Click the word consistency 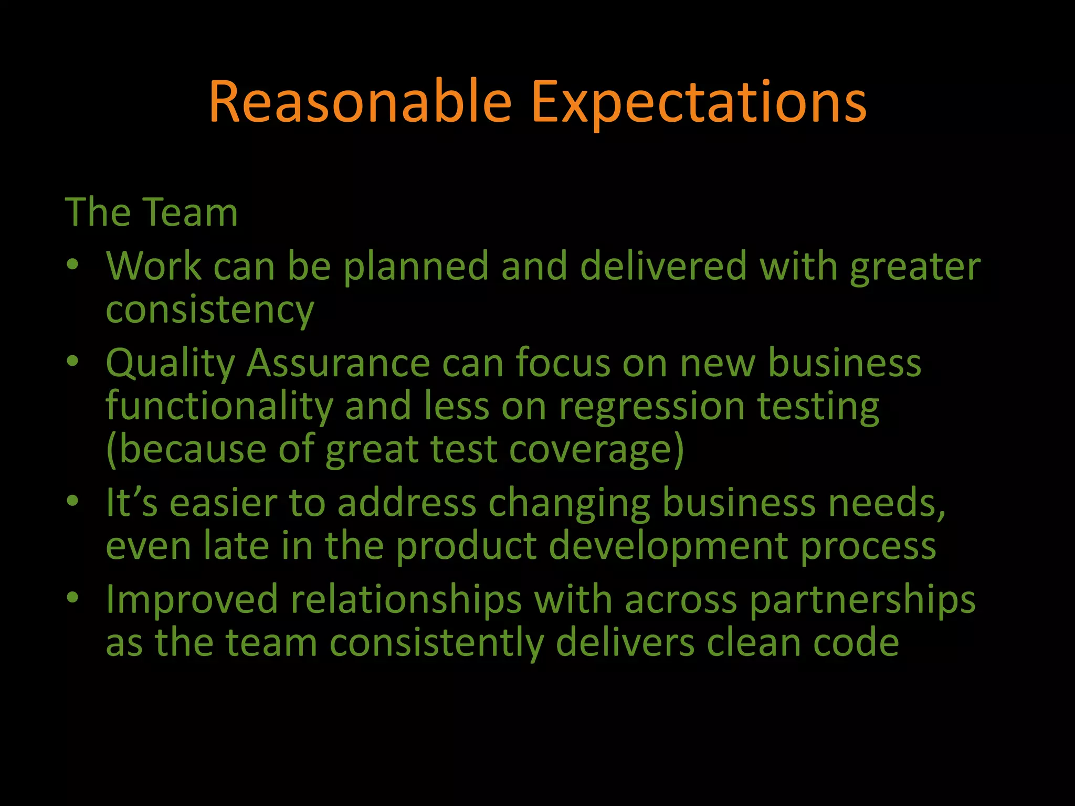point(210,310)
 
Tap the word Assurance point(338,363)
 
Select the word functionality point(219,407)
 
